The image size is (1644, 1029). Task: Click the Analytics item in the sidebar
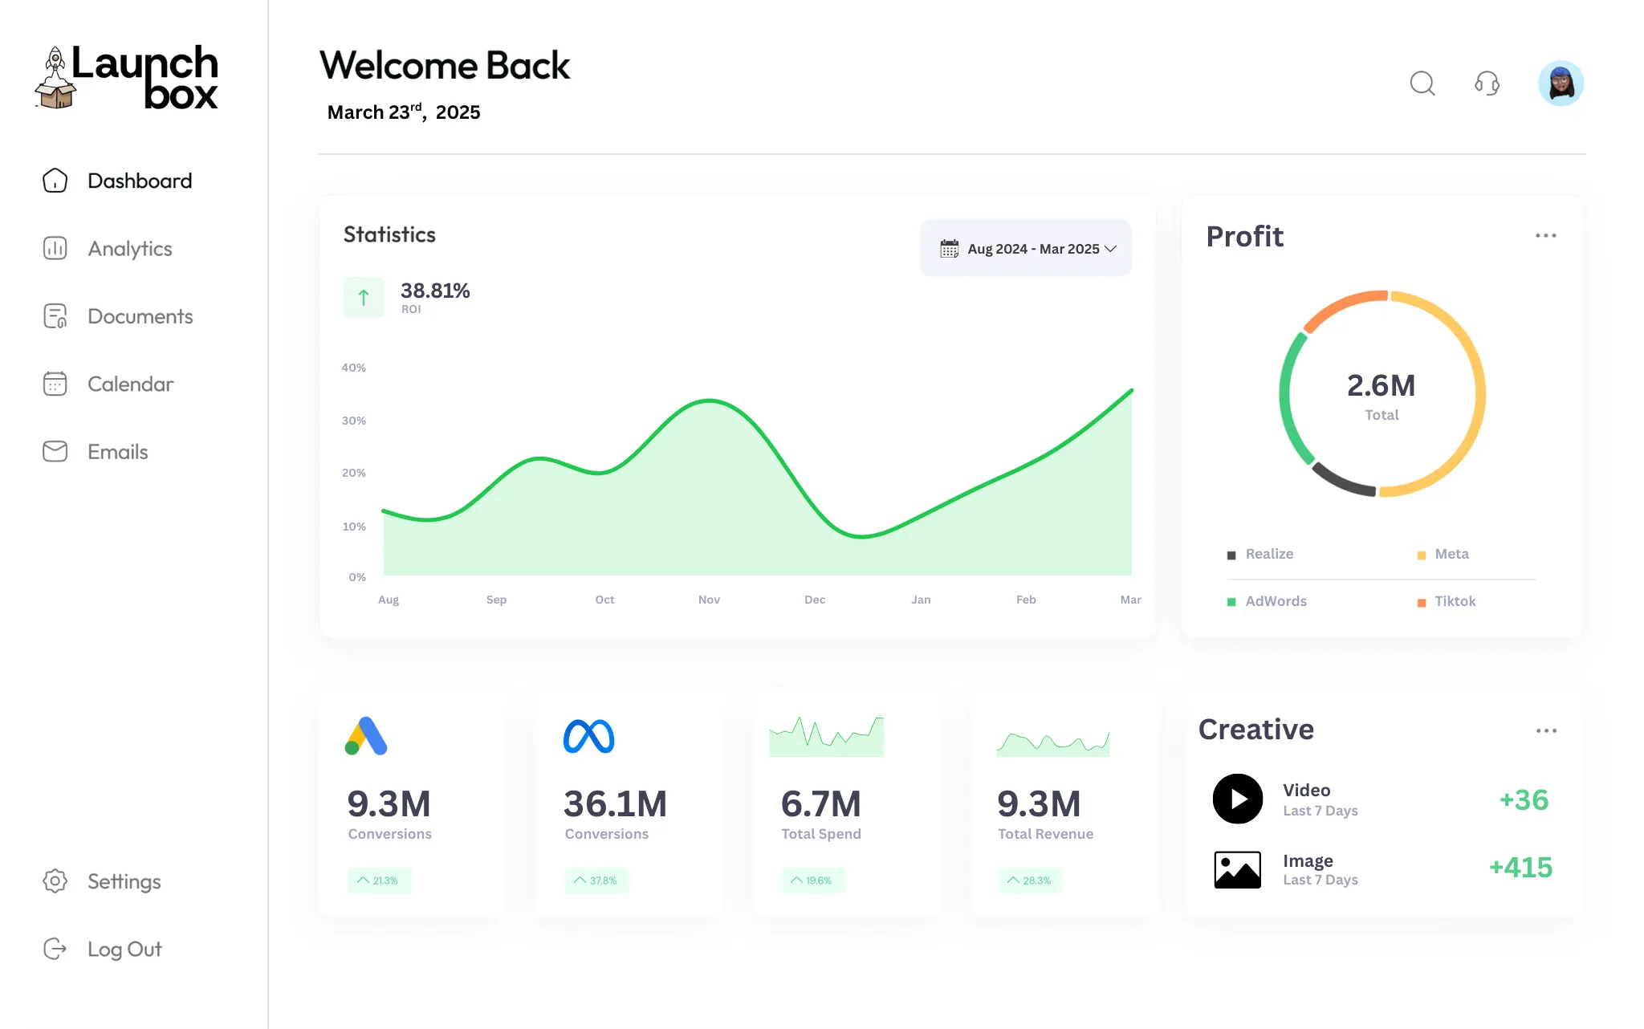[129, 249]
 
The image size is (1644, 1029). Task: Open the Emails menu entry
[117, 452]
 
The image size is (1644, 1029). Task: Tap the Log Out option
[124, 950]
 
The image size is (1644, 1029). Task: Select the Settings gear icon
[55, 881]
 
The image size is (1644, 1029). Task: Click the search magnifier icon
[1422, 83]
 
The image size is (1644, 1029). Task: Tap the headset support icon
[1487, 83]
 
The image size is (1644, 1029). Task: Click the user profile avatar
[1561, 83]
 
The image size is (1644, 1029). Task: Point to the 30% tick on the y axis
[354, 421]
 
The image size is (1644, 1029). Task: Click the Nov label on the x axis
[709, 600]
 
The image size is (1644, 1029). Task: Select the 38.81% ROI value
[435, 291]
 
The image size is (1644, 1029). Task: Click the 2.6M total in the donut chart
[1381, 386]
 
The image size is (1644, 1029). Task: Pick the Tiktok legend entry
[1454, 601]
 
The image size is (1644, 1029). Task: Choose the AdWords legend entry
[1275, 601]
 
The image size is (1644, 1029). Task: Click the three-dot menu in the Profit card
[1545, 236]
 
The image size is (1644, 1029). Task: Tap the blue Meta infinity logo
[589, 736]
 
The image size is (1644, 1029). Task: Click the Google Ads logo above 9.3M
[366, 736]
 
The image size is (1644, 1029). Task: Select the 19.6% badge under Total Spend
[812, 881]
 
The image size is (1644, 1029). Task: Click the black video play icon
[1237, 799]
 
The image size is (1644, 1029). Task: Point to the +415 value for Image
[1520, 868]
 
